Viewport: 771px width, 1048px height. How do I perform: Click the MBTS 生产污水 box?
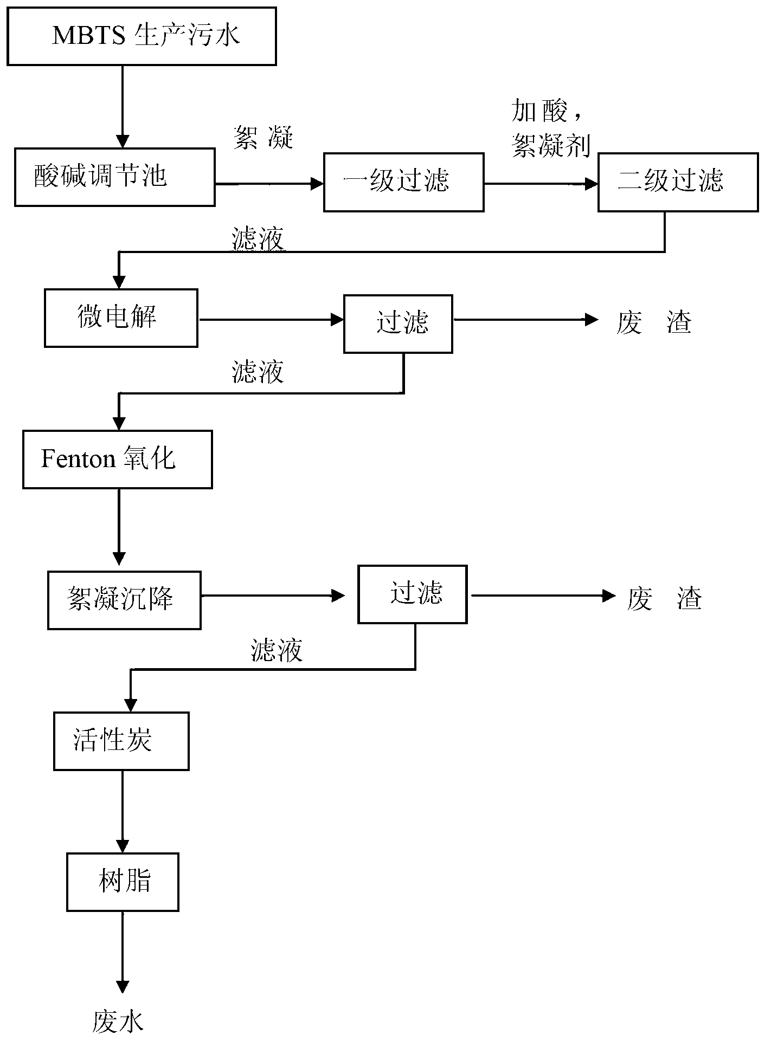point(142,36)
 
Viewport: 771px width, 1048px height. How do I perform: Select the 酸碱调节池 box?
point(114,177)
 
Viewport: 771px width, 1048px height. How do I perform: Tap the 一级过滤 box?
point(404,182)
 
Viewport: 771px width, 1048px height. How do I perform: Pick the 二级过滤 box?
point(678,182)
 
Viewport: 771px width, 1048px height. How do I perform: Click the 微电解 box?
point(121,318)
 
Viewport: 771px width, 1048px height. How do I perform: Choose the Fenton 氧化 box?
point(118,460)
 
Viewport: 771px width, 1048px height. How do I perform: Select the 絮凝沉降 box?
point(124,600)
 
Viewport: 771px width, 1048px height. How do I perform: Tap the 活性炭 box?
point(121,741)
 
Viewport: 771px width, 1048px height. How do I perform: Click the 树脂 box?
point(123,882)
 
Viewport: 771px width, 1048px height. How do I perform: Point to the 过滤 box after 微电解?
point(399,324)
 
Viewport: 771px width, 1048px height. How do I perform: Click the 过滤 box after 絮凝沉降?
point(413,594)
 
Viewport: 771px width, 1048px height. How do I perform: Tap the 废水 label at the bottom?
point(118,1021)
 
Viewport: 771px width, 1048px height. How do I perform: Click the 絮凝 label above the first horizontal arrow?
point(264,137)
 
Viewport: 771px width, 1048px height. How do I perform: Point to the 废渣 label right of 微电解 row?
point(654,324)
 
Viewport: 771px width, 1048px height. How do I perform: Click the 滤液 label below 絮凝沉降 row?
point(277,650)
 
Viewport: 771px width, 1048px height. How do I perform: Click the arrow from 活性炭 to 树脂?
point(123,812)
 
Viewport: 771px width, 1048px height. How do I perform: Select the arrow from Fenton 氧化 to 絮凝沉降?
point(119,527)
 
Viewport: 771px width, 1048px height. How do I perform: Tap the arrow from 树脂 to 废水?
point(123,953)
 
